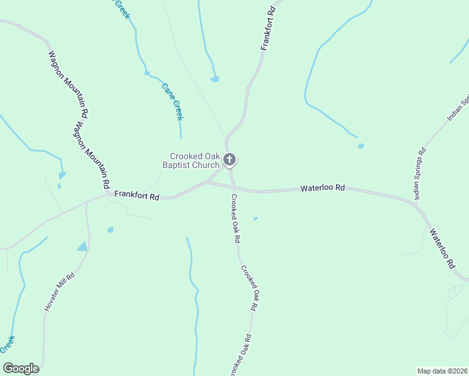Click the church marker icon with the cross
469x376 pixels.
[x=229, y=160]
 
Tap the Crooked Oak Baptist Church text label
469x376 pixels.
[x=195, y=160]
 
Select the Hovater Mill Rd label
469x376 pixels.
[x=59, y=292]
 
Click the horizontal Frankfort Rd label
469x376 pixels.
[x=137, y=196]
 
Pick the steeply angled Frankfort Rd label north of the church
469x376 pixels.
[x=268, y=29]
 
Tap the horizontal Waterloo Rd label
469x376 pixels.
[x=323, y=187]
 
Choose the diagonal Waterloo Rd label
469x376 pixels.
[x=441, y=248]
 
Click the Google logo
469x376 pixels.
[x=21, y=368]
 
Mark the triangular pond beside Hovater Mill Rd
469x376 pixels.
[x=83, y=247]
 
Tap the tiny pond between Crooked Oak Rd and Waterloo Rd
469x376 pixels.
[x=255, y=219]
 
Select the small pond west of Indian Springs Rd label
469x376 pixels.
[x=361, y=146]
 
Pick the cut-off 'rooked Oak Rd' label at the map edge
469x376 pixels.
[x=241, y=355]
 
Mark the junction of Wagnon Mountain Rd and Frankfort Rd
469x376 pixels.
[x=108, y=194]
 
